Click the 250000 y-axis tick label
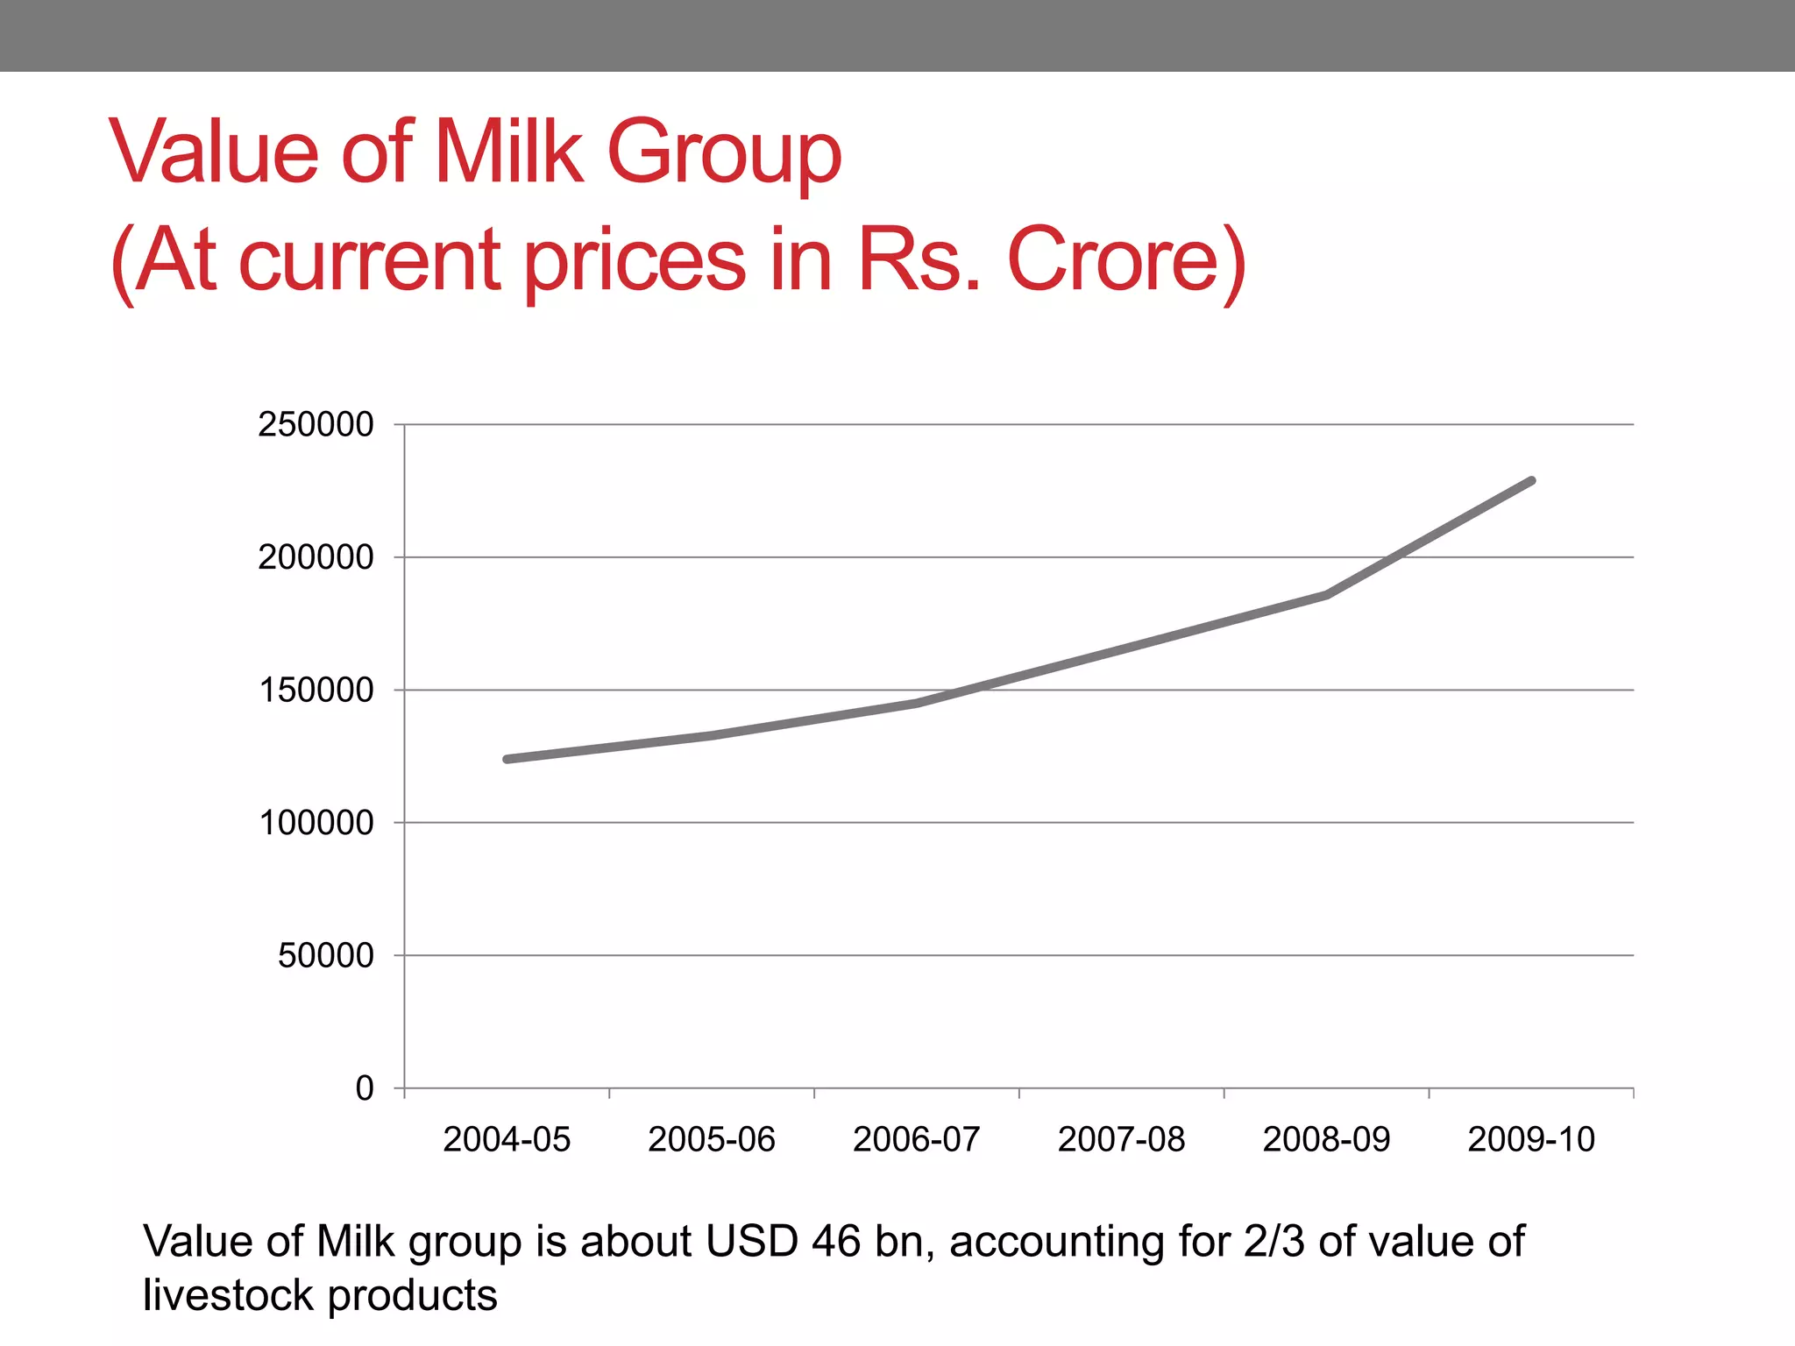(316, 424)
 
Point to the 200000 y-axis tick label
(316, 557)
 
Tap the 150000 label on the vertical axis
(316, 691)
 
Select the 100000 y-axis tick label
(316, 823)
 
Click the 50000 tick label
(325, 955)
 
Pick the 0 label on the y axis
(365, 1088)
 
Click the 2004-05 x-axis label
(507, 1139)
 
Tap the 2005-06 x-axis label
(712, 1139)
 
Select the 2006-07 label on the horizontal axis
(917, 1139)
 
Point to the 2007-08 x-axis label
(1122, 1139)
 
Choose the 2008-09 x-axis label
(1327, 1139)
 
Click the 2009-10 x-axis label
(1531, 1139)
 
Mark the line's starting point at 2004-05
(507, 759)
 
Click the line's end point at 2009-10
(1531, 481)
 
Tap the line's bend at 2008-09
(1327, 595)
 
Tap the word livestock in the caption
(228, 1295)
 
